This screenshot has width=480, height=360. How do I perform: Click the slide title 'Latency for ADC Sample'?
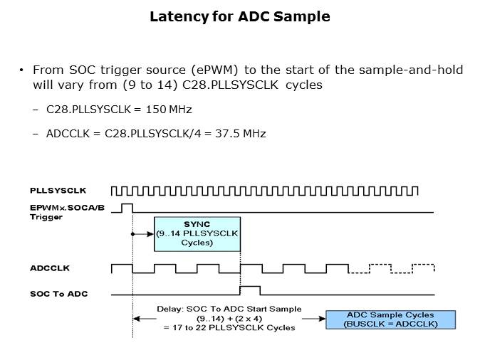click(x=240, y=17)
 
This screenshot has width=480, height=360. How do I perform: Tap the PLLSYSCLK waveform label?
click(x=58, y=190)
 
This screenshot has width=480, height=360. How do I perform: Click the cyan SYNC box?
click(x=197, y=233)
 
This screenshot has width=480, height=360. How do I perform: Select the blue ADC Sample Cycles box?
click(x=391, y=319)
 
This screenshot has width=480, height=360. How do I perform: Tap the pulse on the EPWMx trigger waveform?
click(x=127, y=207)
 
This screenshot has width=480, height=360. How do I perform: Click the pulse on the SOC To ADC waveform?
click(x=251, y=290)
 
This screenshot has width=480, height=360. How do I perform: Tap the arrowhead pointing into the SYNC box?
click(x=152, y=233)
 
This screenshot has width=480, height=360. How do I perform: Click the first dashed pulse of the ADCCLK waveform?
click(x=381, y=268)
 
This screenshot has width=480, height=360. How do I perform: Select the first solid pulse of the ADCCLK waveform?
click(x=121, y=268)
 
